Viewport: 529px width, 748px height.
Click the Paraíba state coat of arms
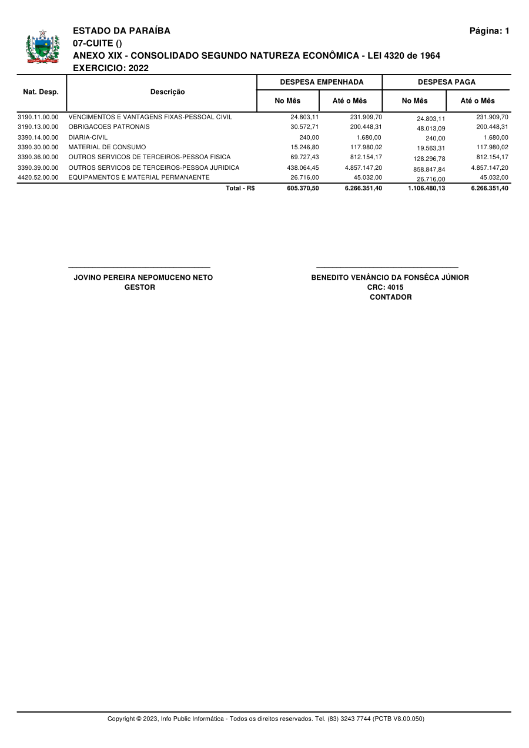click(x=42, y=47)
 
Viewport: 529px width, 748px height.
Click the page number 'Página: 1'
click(x=489, y=31)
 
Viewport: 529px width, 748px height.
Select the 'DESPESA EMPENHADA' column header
click(x=322, y=82)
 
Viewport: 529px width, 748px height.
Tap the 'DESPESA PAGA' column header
click(x=446, y=82)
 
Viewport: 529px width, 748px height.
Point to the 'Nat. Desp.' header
click(x=41, y=92)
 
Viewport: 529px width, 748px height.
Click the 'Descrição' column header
click(x=168, y=92)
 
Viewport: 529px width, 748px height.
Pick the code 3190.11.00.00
click(x=38, y=117)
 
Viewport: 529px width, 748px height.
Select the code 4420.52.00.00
click(x=38, y=177)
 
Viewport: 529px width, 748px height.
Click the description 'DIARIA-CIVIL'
click(x=88, y=137)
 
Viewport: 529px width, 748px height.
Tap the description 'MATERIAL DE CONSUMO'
click(x=107, y=147)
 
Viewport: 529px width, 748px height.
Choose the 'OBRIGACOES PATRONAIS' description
click(x=109, y=127)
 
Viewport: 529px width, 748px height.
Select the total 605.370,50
click(x=303, y=188)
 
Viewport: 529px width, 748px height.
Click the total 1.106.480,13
click(x=426, y=189)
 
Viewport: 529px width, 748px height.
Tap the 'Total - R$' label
click(x=240, y=188)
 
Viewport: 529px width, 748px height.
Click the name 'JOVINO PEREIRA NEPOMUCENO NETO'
click(x=143, y=277)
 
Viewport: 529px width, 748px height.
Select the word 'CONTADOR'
click(x=390, y=297)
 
